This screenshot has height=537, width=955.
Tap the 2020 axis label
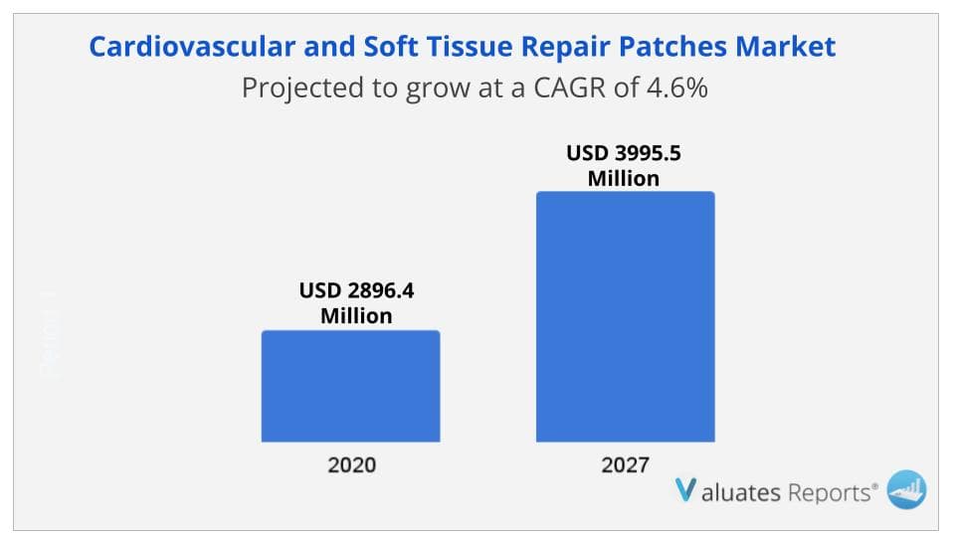350,463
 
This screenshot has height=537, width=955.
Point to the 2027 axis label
625,463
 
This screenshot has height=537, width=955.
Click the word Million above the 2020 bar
355,317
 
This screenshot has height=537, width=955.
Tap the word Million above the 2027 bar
623,179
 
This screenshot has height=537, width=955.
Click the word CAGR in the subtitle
578,89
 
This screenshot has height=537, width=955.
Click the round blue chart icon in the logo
905,488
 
